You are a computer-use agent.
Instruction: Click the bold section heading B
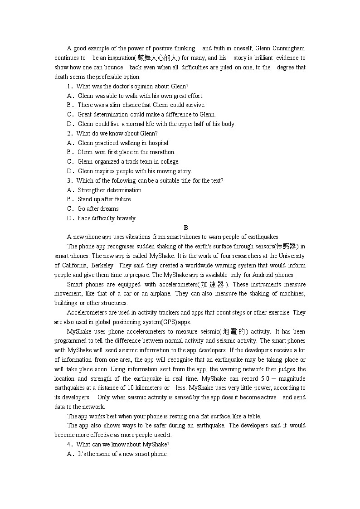pos(186,228)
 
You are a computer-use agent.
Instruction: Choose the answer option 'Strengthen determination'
pos(109,190)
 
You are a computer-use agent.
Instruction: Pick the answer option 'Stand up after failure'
pos(104,199)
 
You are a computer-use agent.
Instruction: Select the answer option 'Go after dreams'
pos(98,208)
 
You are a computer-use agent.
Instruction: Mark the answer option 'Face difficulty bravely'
pos(107,218)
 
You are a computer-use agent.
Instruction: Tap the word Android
pos(257,275)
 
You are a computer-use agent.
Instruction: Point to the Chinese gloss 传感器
pos(286,246)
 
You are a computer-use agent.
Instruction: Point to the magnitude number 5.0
pos(267,378)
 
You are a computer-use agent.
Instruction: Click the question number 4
pos(69,444)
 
